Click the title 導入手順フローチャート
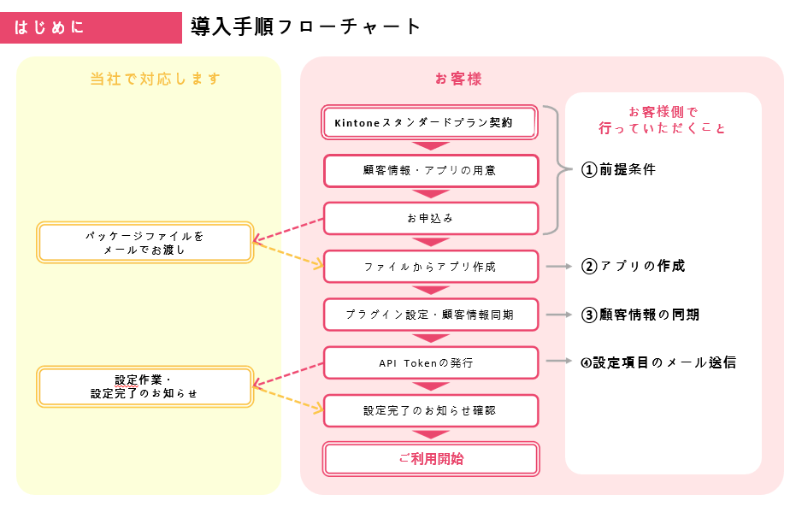306,26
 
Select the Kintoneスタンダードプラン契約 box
430,122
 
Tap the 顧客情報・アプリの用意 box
430,170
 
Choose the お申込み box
430,218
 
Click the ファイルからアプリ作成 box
430,267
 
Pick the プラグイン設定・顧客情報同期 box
430,315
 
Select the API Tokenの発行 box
430,362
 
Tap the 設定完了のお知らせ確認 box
430,410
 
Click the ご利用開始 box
430,459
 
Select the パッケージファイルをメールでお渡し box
144,243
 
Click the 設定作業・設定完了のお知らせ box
144,386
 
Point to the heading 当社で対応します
156,79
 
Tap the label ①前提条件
618,169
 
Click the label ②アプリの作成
633,266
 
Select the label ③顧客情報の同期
640,315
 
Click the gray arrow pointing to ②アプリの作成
558,267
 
